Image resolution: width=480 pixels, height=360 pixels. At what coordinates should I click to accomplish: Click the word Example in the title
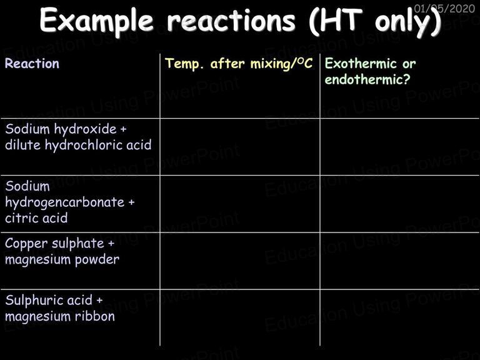point(96,21)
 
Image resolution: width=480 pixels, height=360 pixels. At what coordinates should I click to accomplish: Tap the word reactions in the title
point(231,20)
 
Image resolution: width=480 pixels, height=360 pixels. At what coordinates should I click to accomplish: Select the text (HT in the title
point(336,21)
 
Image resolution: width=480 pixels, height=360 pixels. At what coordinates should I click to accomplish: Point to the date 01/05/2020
point(444,8)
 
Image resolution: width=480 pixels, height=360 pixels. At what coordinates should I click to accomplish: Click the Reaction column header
point(32,63)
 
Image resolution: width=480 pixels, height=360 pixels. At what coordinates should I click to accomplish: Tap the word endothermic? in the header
point(367,79)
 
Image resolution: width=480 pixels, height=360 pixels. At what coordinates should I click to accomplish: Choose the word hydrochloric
point(84,145)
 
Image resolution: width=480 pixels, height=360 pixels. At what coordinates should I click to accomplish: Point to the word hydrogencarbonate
point(64,202)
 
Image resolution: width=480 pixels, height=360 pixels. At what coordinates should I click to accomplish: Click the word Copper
point(26,244)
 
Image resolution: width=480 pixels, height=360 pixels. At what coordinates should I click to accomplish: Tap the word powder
point(97,259)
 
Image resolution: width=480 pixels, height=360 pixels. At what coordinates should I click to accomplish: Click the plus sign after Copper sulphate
point(111,244)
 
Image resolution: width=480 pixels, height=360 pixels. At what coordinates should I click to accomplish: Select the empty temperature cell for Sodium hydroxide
point(240,147)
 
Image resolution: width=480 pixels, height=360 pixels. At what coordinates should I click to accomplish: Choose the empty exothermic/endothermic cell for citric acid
point(399,204)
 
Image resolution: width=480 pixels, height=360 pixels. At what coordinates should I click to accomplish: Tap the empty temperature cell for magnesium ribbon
point(240,317)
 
